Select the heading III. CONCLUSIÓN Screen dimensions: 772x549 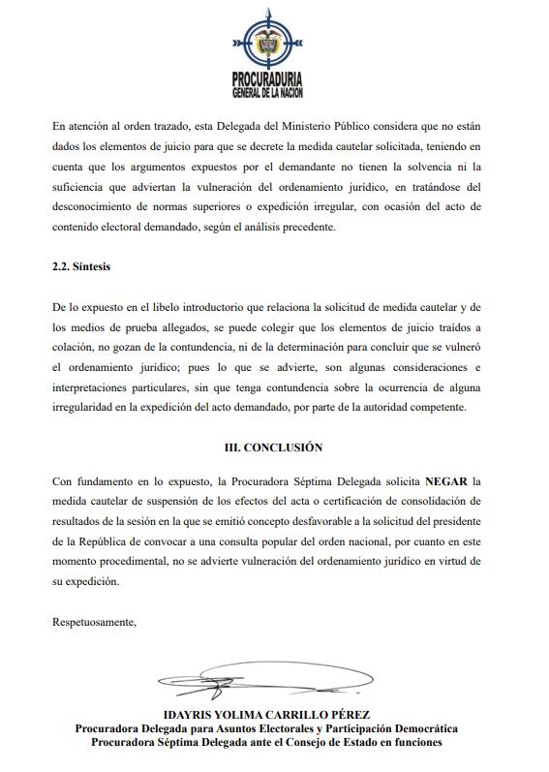275,448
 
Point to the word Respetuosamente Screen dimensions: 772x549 94,622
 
